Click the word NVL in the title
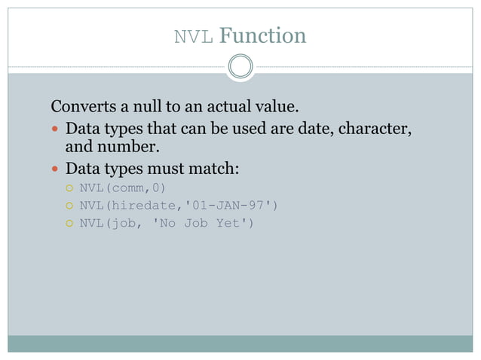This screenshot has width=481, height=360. point(195,36)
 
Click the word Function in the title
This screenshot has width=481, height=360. point(263,35)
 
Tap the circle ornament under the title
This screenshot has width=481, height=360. point(240,67)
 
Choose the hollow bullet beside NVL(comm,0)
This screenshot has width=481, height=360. point(68,188)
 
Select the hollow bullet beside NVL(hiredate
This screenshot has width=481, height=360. point(68,205)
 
